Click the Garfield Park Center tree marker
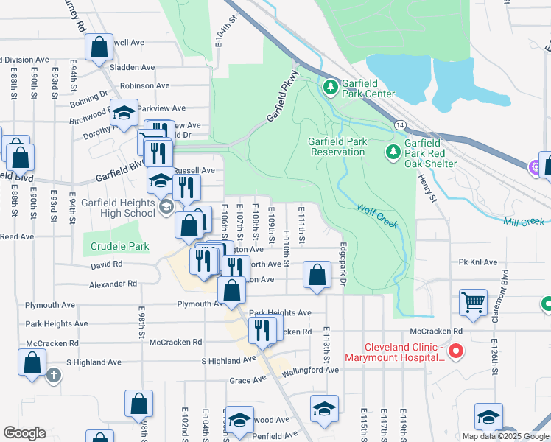point(331,88)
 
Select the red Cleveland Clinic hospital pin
point(455,351)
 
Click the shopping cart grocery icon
point(472,301)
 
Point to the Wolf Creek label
point(377,214)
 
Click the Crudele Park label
point(120,247)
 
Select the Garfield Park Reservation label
point(337,147)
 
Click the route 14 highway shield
point(399,127)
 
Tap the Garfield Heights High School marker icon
point(167,208)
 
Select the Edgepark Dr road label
point(343,261)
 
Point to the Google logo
point(25,433)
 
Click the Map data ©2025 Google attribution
point(505,436)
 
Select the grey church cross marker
point(53,375)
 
